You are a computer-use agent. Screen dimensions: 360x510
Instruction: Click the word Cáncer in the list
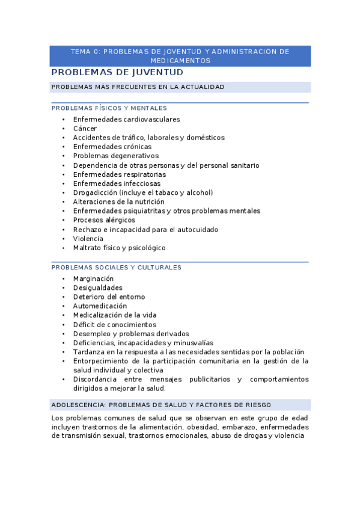(85, 128)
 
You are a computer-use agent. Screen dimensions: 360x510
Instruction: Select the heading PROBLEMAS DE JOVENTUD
(117, 72)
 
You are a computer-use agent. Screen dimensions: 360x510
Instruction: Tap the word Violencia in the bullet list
(88, 239)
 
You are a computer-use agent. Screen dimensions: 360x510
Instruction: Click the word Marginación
(93, 278)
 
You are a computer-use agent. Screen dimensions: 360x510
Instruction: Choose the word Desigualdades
(97, 287)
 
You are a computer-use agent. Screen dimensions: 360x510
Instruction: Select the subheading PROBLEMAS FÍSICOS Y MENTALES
(109, 108)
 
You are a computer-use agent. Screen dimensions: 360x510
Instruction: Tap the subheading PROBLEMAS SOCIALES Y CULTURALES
(116, 267)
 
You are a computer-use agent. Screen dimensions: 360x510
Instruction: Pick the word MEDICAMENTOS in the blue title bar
(180, 61)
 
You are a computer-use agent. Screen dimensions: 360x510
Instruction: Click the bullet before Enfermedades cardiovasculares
(63, 120)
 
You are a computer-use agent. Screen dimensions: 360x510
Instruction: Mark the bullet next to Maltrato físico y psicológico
(63, 248)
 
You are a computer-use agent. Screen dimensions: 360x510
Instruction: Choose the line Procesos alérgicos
(104, 220)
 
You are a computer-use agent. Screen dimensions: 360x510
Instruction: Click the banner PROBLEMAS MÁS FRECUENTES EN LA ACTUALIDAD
(138, 87)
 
